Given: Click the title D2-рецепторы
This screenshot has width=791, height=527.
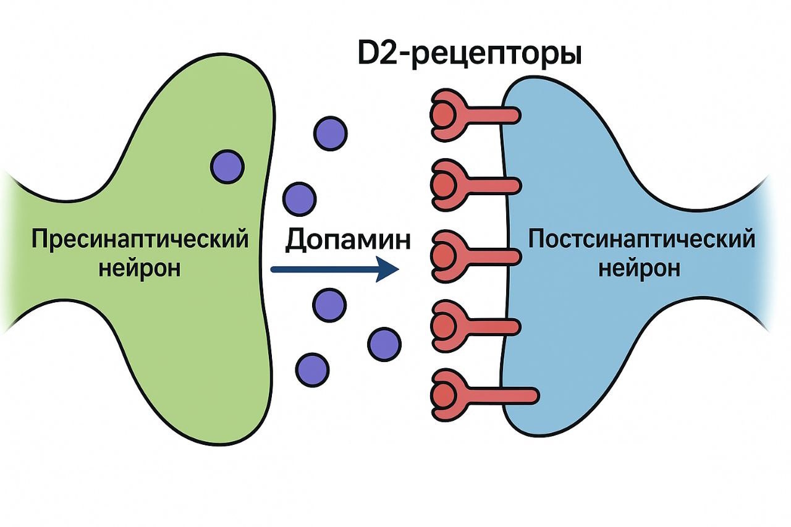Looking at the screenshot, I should point(470,54).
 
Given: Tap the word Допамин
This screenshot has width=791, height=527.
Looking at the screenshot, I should point(348,240).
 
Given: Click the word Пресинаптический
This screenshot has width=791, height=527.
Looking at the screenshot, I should point(140,239).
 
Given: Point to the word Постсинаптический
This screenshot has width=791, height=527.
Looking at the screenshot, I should point(641,238).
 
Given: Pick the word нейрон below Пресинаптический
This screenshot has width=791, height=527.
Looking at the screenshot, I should point(140,269).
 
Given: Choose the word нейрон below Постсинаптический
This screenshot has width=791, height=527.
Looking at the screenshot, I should point(640,269).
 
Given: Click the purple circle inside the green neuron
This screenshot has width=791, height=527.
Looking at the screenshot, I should point(227,166).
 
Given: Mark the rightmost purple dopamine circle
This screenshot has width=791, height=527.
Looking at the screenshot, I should point(384,343).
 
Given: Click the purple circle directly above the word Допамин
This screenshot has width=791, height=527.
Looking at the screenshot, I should point(300,199).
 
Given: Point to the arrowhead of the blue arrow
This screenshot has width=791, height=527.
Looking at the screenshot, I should point(387,269).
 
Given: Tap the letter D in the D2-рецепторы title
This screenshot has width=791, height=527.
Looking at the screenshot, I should point(370,54).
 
